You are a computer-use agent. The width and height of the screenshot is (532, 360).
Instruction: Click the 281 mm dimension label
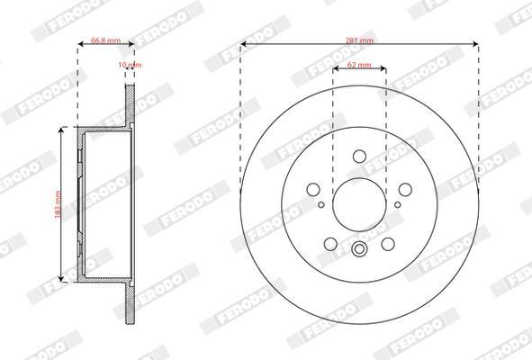tap(359, 40)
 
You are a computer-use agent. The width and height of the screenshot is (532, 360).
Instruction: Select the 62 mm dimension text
tap(359, 65)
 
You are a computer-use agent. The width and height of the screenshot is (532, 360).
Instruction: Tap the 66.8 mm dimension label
tap(106, 40)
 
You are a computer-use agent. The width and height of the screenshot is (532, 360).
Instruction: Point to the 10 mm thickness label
tap(130, 65)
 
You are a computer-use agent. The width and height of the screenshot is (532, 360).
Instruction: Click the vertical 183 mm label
tap(58, 204)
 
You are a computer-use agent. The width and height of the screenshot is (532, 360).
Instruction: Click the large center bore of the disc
tap(359, 204)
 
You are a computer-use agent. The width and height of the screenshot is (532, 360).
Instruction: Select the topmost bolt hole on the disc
tap(359, 157)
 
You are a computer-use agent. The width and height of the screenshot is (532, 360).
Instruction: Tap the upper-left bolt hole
tap(313, 190)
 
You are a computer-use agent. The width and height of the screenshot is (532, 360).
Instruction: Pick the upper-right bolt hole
tap(405, 190)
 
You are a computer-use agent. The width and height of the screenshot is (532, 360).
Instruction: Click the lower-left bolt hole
tap(330, 244)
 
